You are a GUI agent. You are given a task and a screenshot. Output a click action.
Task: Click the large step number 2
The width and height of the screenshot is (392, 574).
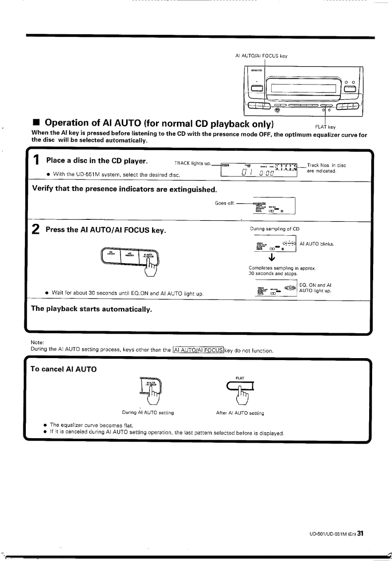pos(36,230)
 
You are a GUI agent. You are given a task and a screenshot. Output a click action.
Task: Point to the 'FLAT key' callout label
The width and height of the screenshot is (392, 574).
pos(325,127)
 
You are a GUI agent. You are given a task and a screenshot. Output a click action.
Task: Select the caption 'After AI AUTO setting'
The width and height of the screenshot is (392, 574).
pos(240,413)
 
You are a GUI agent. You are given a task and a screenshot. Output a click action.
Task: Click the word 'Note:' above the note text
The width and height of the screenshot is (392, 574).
pos(38,342)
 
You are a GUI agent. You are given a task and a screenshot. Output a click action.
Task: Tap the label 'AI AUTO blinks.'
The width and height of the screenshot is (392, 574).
pos(317,244)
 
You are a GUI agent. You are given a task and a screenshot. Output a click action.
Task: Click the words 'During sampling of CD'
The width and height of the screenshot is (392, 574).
pos(275,229)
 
